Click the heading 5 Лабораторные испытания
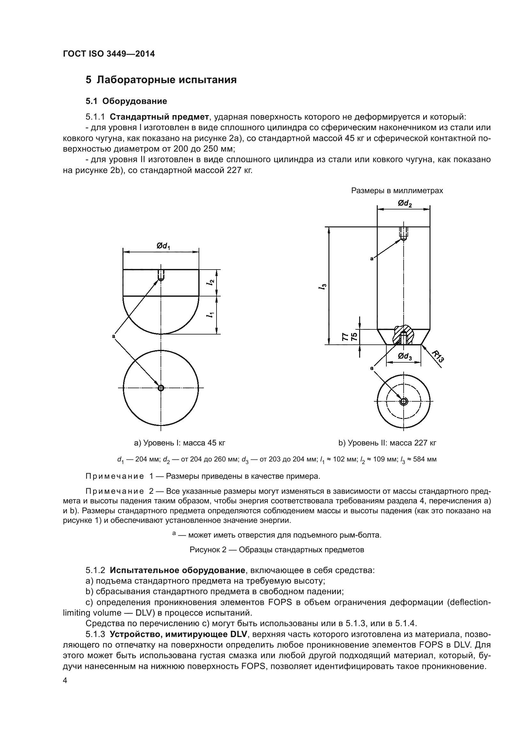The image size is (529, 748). (x=161, y=80)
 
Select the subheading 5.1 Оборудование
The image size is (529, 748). (x=126, y=101)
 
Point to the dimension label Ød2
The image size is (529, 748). (x=405, y=204)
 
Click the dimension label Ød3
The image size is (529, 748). (x=405, y=356)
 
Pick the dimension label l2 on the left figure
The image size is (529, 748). (x=211, y=282)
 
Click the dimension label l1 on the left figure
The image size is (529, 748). (x=211, y=315)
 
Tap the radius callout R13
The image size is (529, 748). (x=438, y=356)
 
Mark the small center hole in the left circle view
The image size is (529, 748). (x=161, y=388)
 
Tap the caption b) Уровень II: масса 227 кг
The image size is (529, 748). (x=387, y=443)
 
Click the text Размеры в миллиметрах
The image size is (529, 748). (x=397, y=191)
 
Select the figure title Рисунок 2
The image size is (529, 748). (x=277, y=550)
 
